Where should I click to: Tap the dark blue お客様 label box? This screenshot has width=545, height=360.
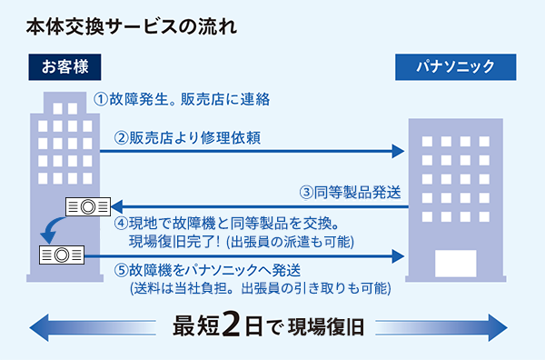[x=64, y=66]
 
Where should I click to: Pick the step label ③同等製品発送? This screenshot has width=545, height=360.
[x=351, y=193]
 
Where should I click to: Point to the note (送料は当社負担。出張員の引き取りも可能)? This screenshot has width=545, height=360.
[x=260, y=288]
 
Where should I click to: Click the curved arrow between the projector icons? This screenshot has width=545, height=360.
[x=47, y=227]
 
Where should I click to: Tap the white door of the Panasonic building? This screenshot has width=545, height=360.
[x=455, y=263]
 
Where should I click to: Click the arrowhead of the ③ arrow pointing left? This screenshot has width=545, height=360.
[x=117, y=207]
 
